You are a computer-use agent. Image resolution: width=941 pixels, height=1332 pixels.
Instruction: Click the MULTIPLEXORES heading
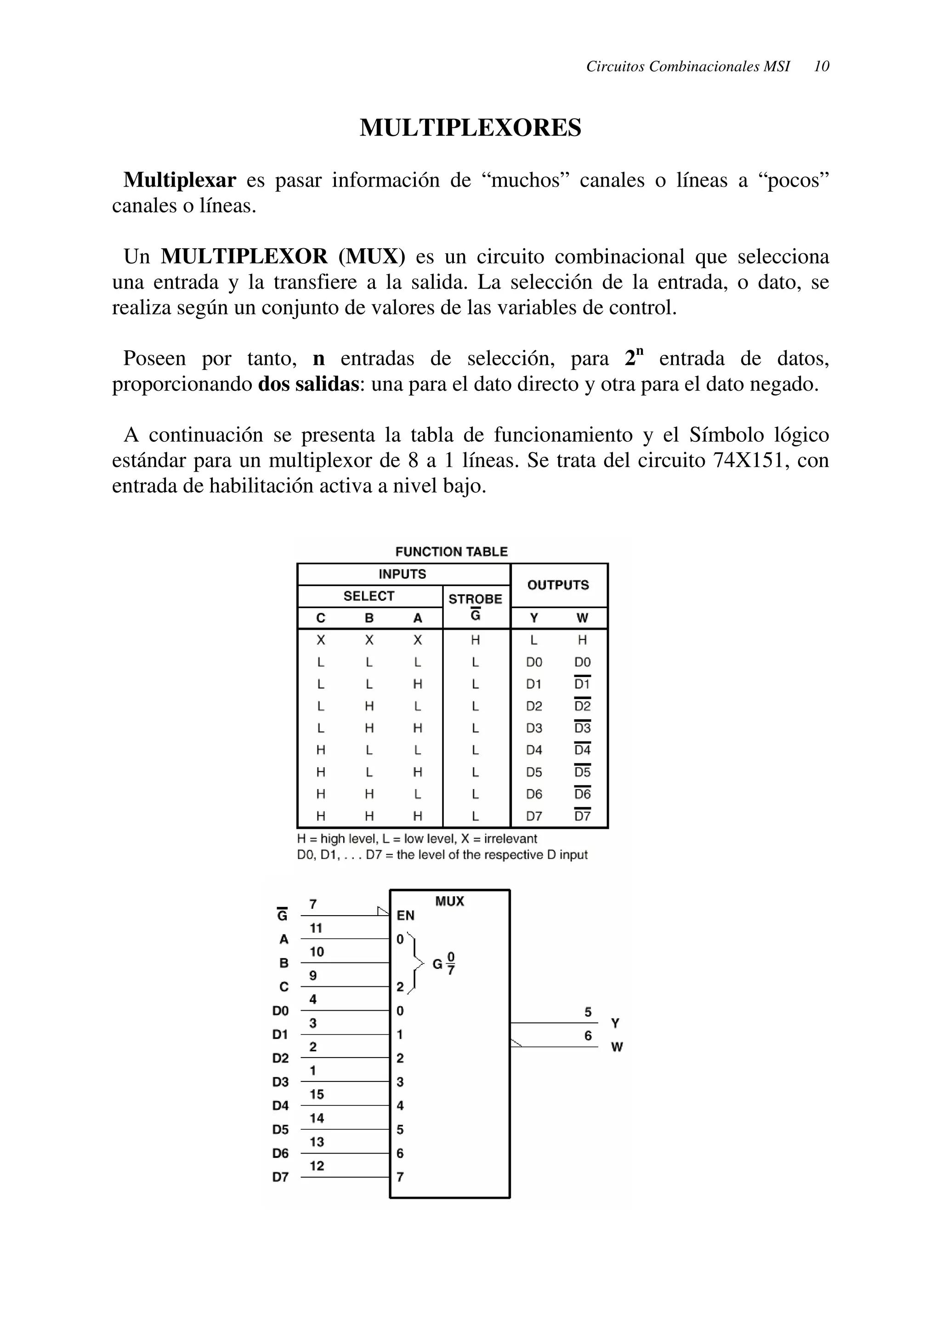click(470, 128)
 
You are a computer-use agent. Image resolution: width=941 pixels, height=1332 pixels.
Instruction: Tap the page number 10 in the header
click(821, 66)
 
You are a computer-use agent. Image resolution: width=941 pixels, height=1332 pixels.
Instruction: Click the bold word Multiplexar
click(180, 181)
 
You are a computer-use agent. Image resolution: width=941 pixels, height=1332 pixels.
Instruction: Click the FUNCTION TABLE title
click(451, 552)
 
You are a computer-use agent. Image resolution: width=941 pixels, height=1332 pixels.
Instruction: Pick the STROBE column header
click(476, 599)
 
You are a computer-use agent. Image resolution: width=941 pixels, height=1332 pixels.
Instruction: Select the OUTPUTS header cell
click(558, 585)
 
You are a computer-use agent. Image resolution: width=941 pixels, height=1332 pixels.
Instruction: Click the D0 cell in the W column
click(582, 662)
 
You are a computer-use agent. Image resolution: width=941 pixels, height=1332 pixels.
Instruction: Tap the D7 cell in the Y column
click(534, 816)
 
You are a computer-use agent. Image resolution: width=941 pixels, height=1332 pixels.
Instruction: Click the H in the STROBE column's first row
click(476, 640)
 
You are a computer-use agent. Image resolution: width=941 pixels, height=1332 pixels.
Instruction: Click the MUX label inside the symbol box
click(449, 901)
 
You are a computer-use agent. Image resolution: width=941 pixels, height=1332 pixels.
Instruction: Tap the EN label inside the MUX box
click(405, 916)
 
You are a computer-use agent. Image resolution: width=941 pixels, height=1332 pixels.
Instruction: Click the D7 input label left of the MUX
click(281, 1177)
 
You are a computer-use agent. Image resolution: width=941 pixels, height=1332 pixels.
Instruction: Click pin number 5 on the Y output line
click(588, 1013)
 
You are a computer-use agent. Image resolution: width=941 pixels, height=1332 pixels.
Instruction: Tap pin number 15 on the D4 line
click(316, 1094)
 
